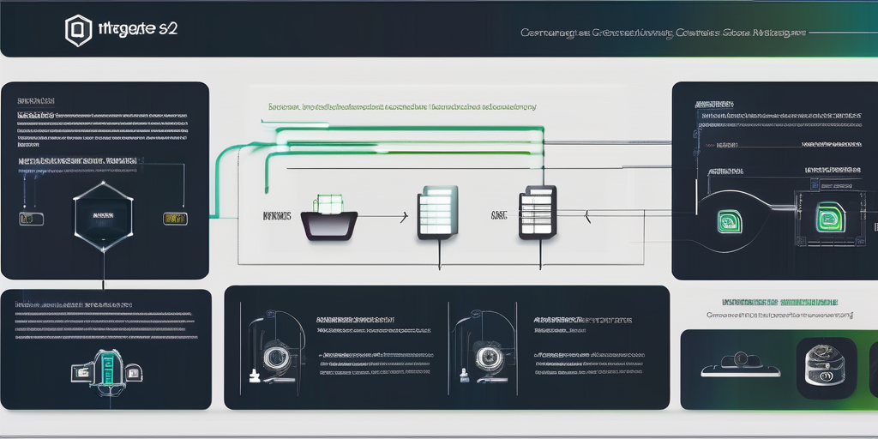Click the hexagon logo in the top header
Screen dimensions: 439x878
point(79,31)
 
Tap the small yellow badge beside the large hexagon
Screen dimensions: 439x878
point(174,219)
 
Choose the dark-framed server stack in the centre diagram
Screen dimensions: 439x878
point(538,213)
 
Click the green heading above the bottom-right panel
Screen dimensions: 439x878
point(779,303)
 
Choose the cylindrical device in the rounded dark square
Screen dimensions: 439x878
point(826,367)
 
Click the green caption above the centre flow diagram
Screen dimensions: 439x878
point(402,108)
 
